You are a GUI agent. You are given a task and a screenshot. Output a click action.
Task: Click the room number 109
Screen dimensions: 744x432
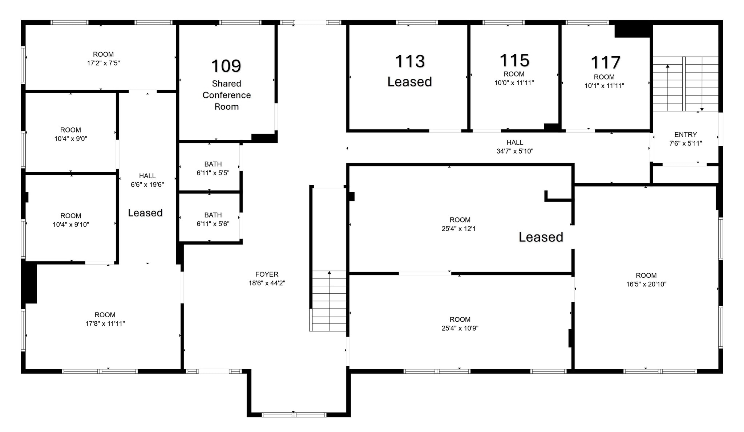(226, 66)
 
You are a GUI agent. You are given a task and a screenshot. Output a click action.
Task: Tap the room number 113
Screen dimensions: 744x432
(410, 61)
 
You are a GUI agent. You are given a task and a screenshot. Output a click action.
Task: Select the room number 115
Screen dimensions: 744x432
(514, 60)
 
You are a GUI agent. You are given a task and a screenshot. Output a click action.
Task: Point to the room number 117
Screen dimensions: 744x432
(605, 62)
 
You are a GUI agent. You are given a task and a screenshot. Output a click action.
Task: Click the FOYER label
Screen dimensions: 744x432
(267, 274)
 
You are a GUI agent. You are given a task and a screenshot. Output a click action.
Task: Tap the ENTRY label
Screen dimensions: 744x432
(686, 135)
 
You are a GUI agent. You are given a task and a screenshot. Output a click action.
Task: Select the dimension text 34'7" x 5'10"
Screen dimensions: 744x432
(515, 151)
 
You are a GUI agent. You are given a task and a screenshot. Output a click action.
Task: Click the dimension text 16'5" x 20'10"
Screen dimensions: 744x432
(646, 284)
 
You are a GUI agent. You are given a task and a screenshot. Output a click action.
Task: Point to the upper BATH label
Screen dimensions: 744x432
(213, 164)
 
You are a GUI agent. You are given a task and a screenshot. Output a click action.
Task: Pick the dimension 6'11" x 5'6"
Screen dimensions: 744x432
(213, 224)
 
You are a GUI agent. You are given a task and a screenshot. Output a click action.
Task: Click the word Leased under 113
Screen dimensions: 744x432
(410, 82)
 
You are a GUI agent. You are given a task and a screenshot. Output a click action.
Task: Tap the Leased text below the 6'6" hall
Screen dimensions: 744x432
(145, 213)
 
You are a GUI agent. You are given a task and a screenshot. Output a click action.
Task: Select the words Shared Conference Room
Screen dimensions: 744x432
(226, 95)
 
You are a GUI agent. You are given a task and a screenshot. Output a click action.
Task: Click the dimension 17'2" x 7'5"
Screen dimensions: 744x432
(103, 63)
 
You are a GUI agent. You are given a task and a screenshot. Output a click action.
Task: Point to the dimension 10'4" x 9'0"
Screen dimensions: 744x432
(70, 139)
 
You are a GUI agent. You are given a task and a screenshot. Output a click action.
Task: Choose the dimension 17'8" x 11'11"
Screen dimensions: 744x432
(105, 323)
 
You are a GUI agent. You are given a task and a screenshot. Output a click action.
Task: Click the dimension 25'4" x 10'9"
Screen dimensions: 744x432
(460, 328)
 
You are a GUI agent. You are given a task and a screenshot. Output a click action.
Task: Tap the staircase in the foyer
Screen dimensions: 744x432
(329, 301)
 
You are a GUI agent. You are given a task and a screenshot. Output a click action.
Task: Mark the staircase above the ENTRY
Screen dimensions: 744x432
(686, 84)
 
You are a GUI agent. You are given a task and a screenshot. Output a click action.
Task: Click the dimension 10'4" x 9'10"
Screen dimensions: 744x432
(70, 225)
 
